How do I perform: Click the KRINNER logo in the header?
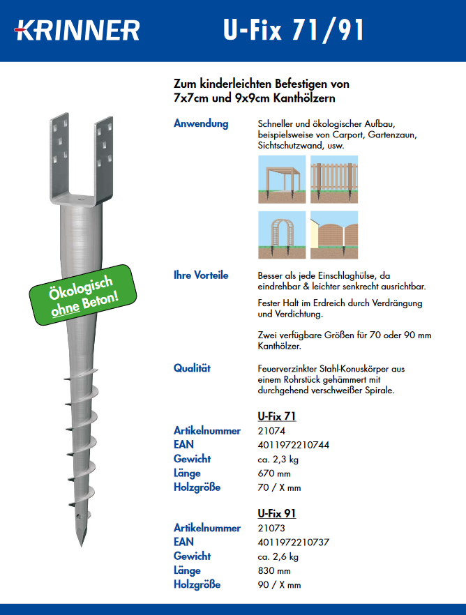(77, 30)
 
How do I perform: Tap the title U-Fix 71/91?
(294, 30)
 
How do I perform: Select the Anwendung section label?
(201, 124)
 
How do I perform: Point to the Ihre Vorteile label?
(201, 275)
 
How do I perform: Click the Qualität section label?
(193, 368)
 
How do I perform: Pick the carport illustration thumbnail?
(282, 179)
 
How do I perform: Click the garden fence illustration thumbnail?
(333, 179)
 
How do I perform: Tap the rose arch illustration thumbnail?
(282, 235)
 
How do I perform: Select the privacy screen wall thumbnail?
(333, 235)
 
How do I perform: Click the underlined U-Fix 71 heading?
(277, 417)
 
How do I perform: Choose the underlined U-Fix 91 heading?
(277, 514)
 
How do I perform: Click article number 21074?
(271, 432)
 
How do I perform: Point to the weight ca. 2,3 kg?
(278, 460)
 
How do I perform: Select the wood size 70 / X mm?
(279, 487)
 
